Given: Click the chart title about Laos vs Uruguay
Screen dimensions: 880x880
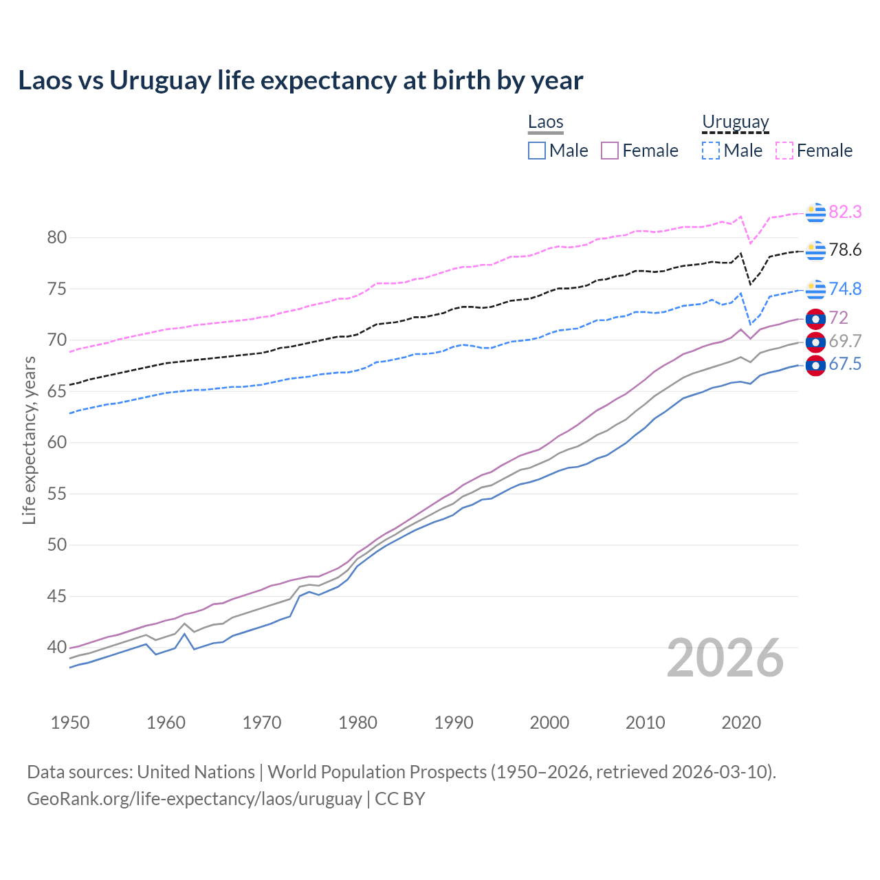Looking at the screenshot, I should (x=300, y=80).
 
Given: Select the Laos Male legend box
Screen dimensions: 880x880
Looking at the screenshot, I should (x=537, y=151).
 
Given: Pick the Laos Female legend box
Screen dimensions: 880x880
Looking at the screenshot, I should (x=610, y=151).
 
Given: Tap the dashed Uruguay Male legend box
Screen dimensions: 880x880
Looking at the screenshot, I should (x=711, y=151).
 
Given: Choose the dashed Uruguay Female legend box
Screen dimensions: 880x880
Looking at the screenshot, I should (x=784, y=151).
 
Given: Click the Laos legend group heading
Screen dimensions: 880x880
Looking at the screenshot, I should (x=546, y=122).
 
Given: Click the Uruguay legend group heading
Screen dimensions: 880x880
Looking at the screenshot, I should (x=735, y=122).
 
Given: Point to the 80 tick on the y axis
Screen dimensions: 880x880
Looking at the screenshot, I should (x=57, y=238).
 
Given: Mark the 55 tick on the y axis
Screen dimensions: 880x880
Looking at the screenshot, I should (x=57, y=494).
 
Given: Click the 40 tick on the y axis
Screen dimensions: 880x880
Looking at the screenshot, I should (x=57, y=647).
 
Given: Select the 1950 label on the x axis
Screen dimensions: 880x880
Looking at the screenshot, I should (x=70, y=723).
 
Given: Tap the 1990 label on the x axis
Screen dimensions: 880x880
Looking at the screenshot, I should (x=454, y=723).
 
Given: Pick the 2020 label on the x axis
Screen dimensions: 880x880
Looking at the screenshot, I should (x=741, y=723).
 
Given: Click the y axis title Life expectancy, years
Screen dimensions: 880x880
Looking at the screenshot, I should (x=29, y=440).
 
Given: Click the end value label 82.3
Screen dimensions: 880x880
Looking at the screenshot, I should (x=845, y=212).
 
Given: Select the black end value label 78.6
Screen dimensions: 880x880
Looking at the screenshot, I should (x=845, y=250).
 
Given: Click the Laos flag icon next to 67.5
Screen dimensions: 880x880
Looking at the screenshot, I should (x=815, y=366).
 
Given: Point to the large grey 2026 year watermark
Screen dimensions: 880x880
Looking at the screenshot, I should (x=725, y=658).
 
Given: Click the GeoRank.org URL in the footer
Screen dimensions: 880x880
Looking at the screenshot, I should (x=195, y=799).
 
